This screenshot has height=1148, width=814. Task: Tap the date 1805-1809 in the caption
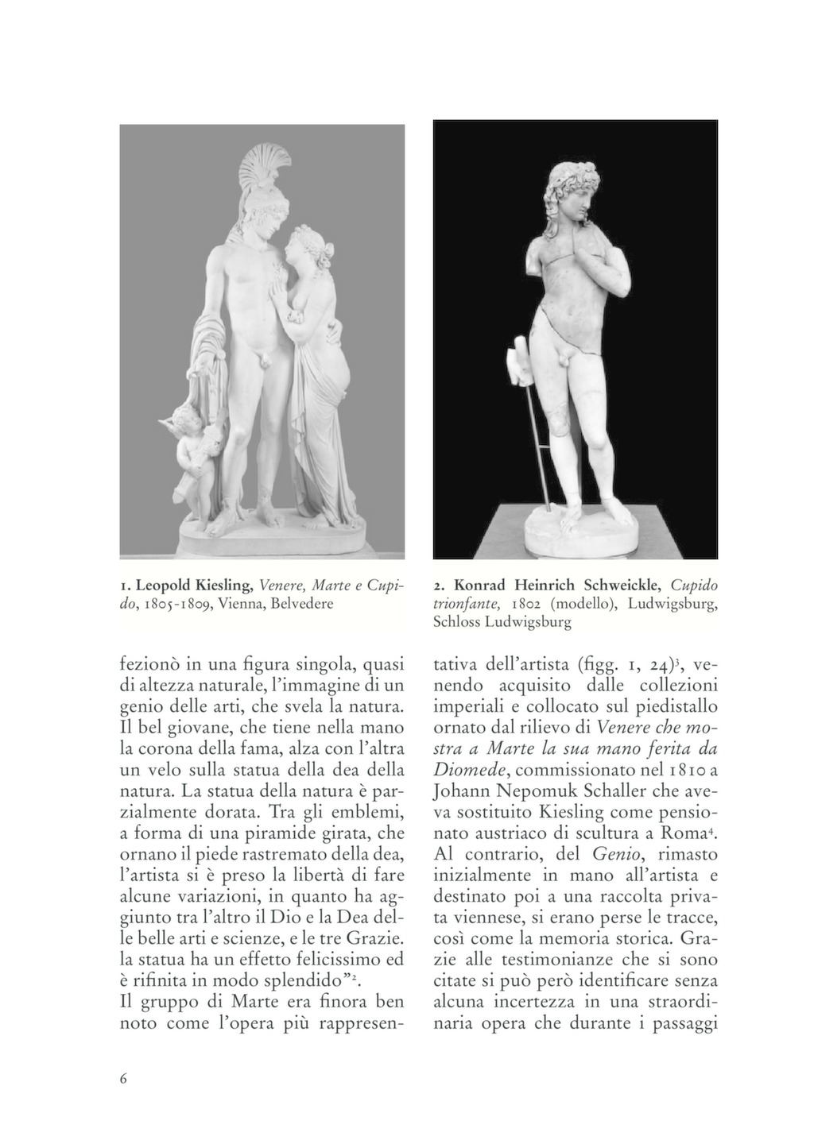pos(176,604)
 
